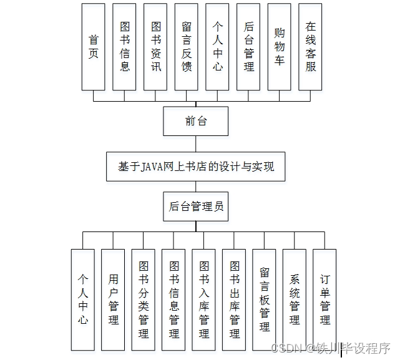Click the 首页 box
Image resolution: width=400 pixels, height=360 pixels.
click(x=94, y=46)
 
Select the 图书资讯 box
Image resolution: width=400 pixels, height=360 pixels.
click(x=155, y=46)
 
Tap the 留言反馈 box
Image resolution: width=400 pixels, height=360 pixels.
click(x=187, y=46)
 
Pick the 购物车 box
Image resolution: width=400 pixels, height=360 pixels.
click(x=280, y=46)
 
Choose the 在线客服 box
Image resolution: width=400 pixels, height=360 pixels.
click(x=311, y=46)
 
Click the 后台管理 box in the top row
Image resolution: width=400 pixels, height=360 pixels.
click(x=249, y=46)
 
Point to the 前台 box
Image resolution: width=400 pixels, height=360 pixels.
click(x=196, y=121)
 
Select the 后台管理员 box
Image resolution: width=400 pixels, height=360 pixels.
click(x=196, y=207)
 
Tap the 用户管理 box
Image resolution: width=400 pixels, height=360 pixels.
click(x=114, y=299)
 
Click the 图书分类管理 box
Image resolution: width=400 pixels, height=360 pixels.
click(x=144, y=299)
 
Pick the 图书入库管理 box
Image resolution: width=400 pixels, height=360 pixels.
click(x=204, y=299)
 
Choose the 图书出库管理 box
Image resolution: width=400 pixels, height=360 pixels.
click(x=235, y=299)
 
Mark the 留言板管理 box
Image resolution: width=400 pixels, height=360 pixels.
click(x=265, y=299)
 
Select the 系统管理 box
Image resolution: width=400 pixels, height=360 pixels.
click(x=295, y=299)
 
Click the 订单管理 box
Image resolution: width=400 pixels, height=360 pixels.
click(x=324, y=299)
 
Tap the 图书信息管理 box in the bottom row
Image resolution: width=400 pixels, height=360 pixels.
click(x=174, y=299)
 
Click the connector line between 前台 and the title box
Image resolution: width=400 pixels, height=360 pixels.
click(x=196, y=144)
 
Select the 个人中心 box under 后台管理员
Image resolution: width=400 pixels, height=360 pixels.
click(x=83, y=299)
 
